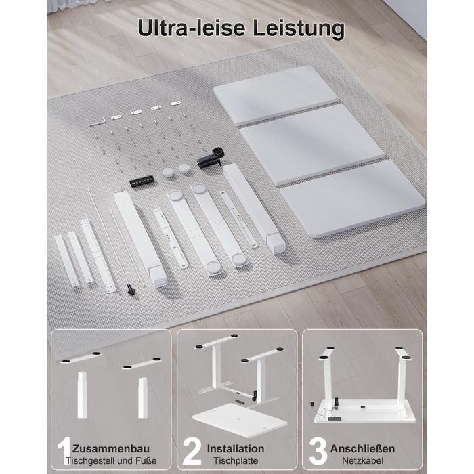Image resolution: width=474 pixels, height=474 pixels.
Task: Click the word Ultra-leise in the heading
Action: click(x=192, y=28)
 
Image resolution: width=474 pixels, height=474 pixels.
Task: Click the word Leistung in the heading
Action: click(x=299, y=29)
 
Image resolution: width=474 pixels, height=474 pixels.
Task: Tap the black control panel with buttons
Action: click(x=142, y=181)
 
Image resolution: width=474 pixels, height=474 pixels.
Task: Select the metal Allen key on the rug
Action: click(x=98, y=121)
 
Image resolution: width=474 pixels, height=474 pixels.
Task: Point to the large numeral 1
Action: click(x=64, y=451)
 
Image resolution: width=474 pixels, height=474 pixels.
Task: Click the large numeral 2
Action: click(x=192, y=452)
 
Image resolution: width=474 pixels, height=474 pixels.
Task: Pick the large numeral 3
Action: click(x=318, y=452)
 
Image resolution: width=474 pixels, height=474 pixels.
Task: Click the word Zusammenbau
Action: click(x=111, y=448)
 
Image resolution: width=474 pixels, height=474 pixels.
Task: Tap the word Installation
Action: click(x=236, y=448)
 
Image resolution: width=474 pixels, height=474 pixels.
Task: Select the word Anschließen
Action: click(x=362, y=448)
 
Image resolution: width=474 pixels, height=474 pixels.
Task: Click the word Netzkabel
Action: click(x=363, y=460)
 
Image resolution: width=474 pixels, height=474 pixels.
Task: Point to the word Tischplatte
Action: click(x=236, y=460)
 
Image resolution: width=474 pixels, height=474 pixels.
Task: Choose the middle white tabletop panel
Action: click(x=312, y=144)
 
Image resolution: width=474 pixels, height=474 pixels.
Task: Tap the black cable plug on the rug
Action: click(x=131, y=289)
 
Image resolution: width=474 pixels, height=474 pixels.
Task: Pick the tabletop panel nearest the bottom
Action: click(x=353, y=199)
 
